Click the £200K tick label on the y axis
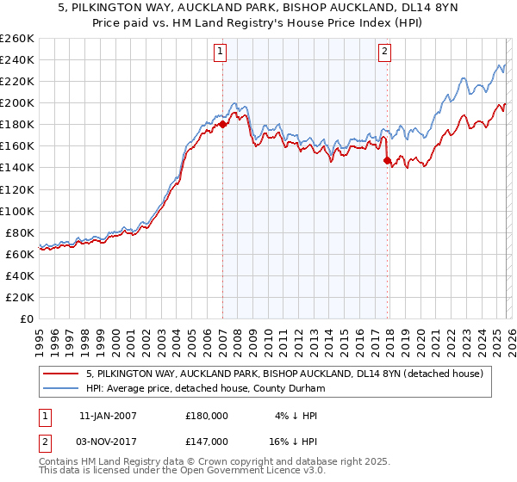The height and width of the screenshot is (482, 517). pos(17,102)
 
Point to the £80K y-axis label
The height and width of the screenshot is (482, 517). pos(20,232)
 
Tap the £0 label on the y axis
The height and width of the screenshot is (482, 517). pos(28,318)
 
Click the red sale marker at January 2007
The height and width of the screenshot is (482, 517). pos(222,124)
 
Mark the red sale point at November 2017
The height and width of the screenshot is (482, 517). pos(387,160)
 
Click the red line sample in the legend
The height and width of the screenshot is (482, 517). pos(60,374)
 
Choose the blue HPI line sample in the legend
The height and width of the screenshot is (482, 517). pos(60,389)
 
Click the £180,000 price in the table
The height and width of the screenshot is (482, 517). pos(207,415)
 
